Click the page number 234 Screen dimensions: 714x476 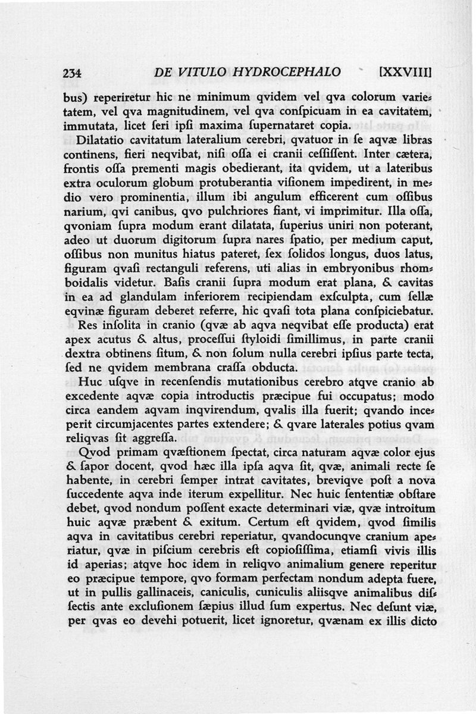pyautogui.click(x=72, y=73)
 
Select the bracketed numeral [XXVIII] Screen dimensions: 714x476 pyautogui.click(x=405, y=73)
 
